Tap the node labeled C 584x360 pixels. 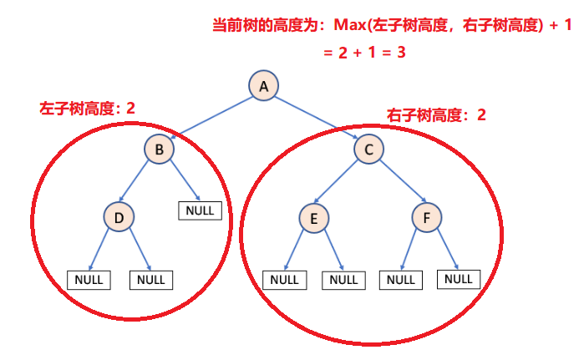click(368, 150)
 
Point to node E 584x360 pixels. click(314, 219)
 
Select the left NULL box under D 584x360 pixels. click(89, 279)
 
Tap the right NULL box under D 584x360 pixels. click(151, 279)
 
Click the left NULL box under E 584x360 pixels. click(284, 279)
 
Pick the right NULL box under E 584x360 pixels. click(343, 279)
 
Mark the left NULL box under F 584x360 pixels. click(401, 279)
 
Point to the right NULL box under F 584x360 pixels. click(460, 278)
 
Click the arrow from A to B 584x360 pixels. click(212, 116)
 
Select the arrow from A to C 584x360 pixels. click(317, 117)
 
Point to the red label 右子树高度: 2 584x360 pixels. click(436, 114)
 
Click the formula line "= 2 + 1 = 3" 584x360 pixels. click(365, 51)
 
